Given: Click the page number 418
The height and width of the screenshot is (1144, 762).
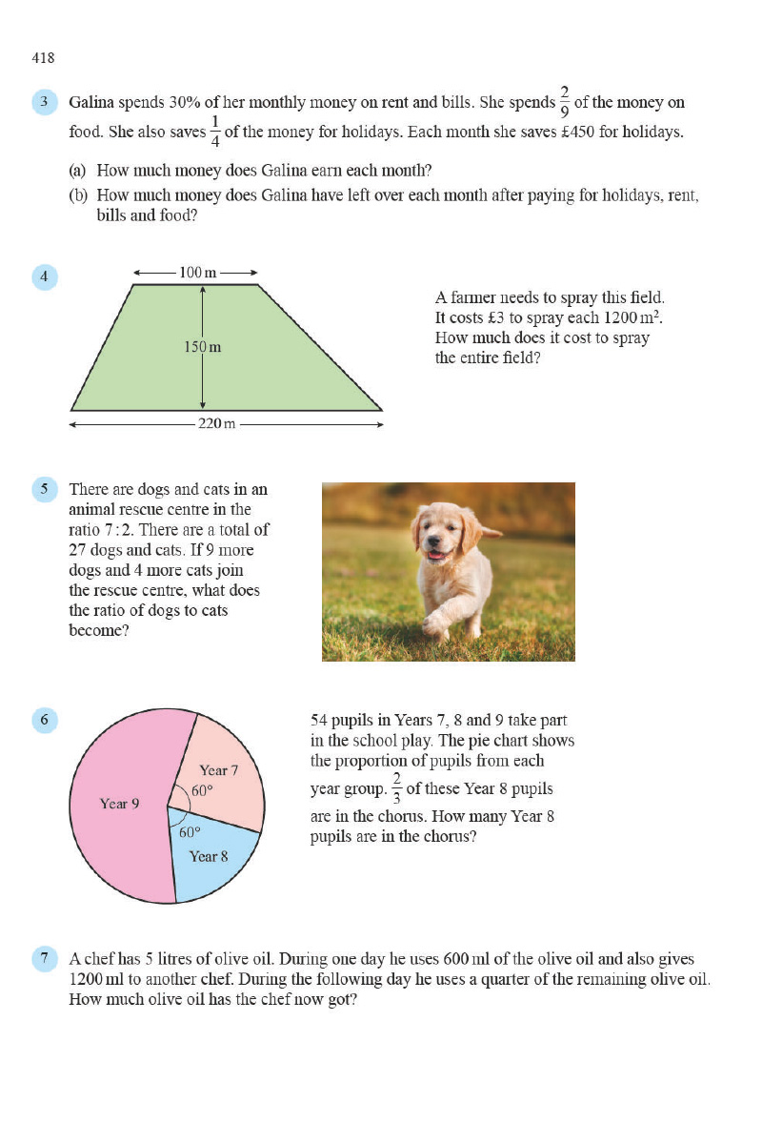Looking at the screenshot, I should tap(43, 58).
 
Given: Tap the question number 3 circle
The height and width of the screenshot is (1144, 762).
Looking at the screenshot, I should tap(45, 103).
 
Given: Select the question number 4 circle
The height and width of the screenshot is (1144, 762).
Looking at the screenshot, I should tap(45, 277).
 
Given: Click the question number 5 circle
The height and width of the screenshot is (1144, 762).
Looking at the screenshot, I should tap(45, 490).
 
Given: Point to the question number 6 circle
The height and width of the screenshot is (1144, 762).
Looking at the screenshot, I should tap(45, 720).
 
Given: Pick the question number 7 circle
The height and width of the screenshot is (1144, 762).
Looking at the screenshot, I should tap(45, 959).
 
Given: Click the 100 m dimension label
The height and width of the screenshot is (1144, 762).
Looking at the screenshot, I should tap(197, 273).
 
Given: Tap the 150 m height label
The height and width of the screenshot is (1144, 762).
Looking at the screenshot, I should tap(202, 347).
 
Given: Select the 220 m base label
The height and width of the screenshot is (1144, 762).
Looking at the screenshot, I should tap(216, 423).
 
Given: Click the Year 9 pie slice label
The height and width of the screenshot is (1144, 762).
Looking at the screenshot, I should tap(120, 804).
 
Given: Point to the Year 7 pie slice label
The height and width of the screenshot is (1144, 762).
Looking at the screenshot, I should tap(218, 770).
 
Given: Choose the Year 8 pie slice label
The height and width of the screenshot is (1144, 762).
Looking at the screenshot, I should tap(209, 856).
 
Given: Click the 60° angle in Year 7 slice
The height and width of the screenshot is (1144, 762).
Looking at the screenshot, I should tap(201, 791).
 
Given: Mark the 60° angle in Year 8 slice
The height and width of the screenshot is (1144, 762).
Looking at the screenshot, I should tap(190, 831).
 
